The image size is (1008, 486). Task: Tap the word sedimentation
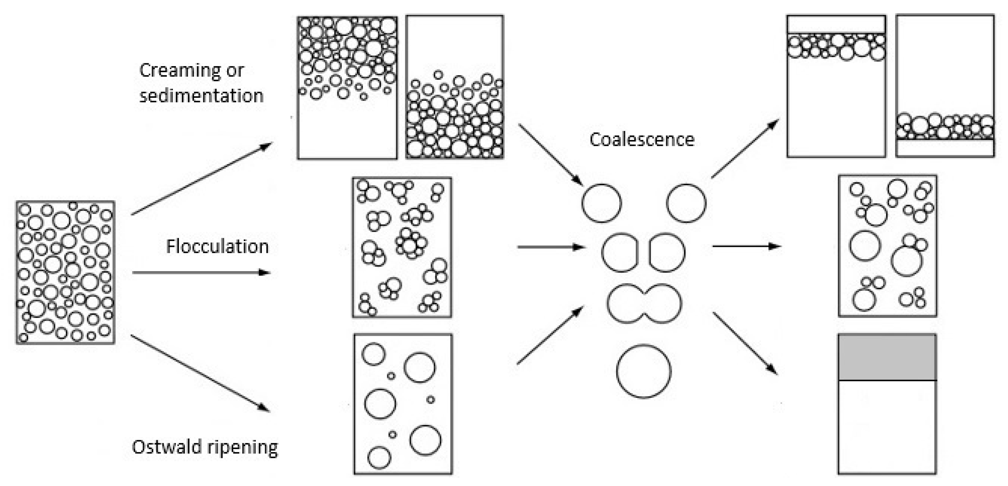pyautogui.click(x=202, y=96)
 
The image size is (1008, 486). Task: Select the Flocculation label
pyautogui.click(x=217, y=247)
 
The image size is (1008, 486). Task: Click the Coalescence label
pyautogui.click(x=642, y=140)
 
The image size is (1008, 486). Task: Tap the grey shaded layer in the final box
pyautogui.click(x=887, y=357)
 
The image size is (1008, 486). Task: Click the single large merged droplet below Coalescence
pyautogui.click(x=644, y=371)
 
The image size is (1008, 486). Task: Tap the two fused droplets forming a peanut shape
pyautogui.click(x=644, y=304)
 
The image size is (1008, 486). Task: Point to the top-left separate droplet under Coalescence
pyautogui.click(x=601, y=203)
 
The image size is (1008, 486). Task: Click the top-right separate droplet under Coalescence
pyautogui.click(x=686, y=203)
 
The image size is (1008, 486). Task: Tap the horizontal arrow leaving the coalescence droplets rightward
pyautogui.click(x=747, y=246)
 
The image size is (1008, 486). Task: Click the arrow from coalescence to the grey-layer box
pyautogui.click(x=745, y=343)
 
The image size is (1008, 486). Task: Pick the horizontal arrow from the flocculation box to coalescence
pyautogui.click(x=551, y=247)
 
